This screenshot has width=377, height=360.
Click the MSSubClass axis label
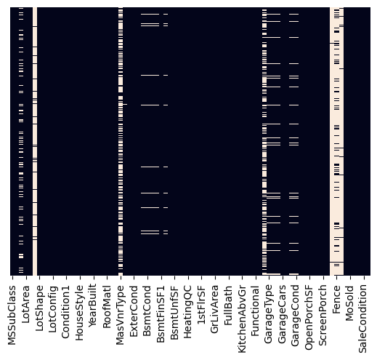tap(12, 313)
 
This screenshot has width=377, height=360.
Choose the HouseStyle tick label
tap(80, 310)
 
